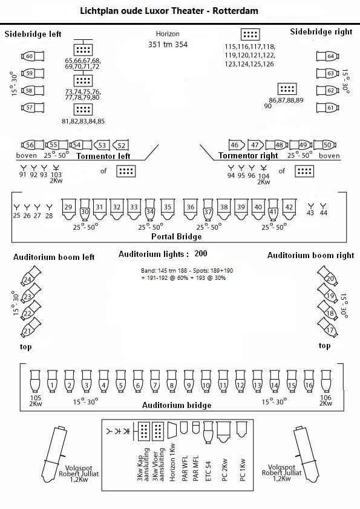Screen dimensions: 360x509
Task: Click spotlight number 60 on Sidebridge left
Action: click(x=33, y=56)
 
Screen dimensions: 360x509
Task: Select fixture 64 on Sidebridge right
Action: click(x=327, y=56)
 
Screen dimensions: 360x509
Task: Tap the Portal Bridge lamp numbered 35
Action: click(x=168, y=209)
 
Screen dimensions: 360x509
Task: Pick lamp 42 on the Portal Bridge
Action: click(x=289, y=209)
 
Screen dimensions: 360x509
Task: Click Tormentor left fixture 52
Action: click(x=120, y=145)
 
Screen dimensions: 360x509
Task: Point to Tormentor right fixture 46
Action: click(x=236, y=144)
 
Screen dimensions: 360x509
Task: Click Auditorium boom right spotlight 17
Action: click(x=328, y=327)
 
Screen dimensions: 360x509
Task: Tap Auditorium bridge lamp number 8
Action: click(x=172, y=381)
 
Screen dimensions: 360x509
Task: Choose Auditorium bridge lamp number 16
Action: click(x=309, y=381)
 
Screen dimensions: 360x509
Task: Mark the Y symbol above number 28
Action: click(x=49, y=207)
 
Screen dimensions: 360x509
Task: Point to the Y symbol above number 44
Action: click(x=323, y=206)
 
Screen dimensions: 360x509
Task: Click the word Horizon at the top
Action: click(x=168, y=34)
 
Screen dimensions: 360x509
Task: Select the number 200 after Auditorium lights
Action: click(x=201, y=253)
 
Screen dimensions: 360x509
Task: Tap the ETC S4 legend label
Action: click(x=208, y=471)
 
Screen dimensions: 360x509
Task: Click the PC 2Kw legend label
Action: click(x=225, y=470)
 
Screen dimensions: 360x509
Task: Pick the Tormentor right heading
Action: click(x=248, y=156)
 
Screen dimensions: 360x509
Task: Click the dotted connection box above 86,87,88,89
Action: click(x=287, y=89)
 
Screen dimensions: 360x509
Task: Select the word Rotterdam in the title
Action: click(x=235, y=11)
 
